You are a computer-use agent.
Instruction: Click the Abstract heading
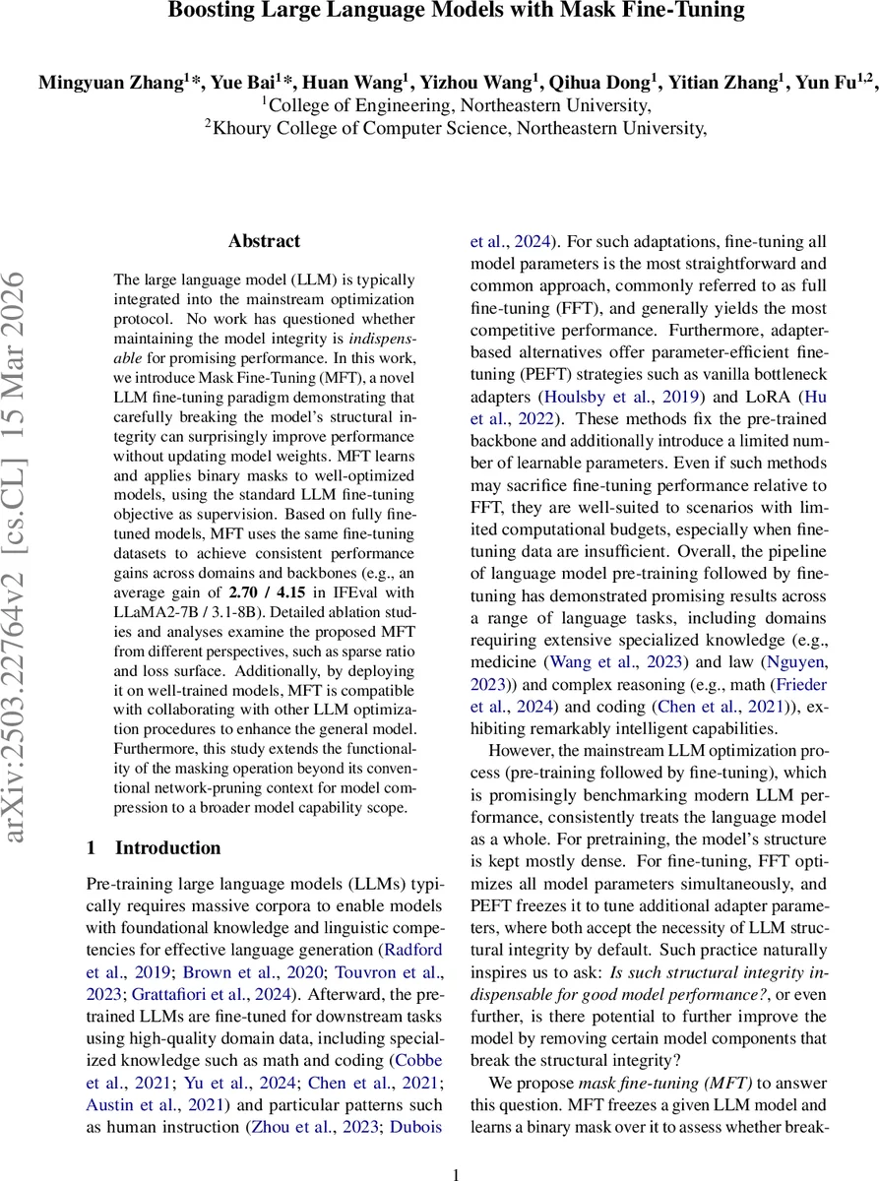click(x=264, y=241)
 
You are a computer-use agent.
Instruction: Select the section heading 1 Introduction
click(x=154, y=847)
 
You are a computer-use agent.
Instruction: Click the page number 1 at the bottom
click(x=455, y=1173)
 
